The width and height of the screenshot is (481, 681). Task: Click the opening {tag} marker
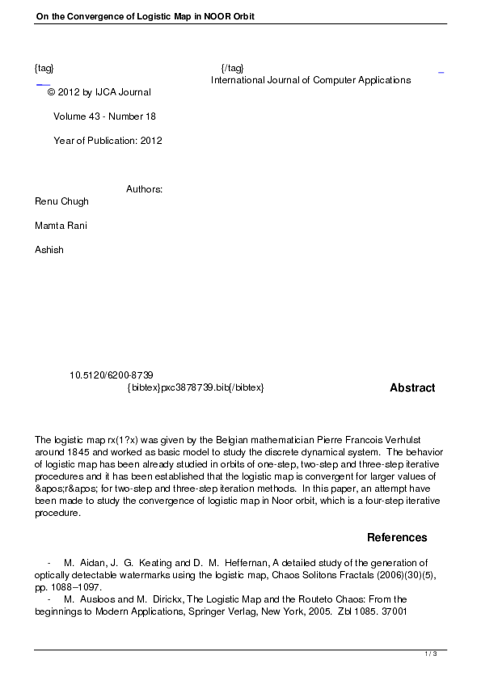click(x=44, y=68)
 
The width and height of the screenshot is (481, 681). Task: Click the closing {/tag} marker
click(x=232, y=68)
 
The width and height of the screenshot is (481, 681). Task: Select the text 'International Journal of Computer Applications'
click(x=310, y=80)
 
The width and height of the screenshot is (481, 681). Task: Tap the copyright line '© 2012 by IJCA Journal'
click(x=99, y=93)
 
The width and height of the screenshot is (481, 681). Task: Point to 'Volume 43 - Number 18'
click(x=104, y=116)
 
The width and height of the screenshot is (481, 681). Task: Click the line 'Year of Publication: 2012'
click(x=108, y=141)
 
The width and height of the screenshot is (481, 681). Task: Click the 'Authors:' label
click(x=145, y=189)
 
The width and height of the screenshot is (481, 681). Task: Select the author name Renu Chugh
click(x=61, y=201)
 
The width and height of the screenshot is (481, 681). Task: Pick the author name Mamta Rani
click(x=61, y=226)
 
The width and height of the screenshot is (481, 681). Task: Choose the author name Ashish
click(x=49, y=250)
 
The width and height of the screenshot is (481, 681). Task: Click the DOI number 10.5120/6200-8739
click(x=112, y=376)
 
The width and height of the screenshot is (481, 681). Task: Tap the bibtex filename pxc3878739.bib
click(x=195, y=388)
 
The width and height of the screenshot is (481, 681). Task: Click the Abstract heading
click(x=412, y=388)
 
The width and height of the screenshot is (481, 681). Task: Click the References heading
click(x=397, y=538)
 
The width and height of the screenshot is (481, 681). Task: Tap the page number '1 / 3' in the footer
click(x=431, y=654)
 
